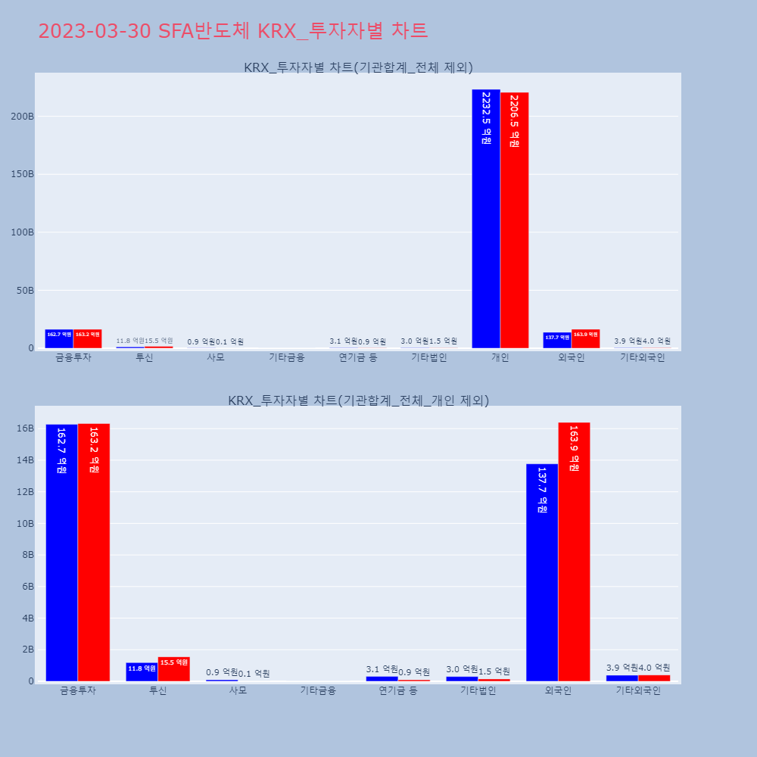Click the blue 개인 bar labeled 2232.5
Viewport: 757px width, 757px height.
click(485, 220)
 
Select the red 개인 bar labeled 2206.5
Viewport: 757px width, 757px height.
click(514, 220)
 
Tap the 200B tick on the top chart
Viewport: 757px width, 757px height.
click(22, 117)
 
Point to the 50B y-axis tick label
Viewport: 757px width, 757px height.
click(24, 291)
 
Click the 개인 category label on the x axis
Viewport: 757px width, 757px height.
click(500, 357)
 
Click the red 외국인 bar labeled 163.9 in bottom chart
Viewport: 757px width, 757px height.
click(574, 552)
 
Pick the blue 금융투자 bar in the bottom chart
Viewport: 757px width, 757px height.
click(61, 553)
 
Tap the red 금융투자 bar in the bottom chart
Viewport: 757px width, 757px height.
click(94, 552)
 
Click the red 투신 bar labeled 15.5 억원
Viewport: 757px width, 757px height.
click(173, 668)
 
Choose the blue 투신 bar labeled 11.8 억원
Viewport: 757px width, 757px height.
click(142, 671)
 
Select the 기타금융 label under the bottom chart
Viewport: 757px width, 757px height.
click(318, 690)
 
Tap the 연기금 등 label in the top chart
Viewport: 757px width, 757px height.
click(358, 357)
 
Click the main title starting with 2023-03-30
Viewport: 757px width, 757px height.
click(232, 31)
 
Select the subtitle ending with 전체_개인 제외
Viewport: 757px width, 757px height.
click(358, 400)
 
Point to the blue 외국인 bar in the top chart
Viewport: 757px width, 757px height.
click(556, 340)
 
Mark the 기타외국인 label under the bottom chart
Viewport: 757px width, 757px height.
click(638, 690)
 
